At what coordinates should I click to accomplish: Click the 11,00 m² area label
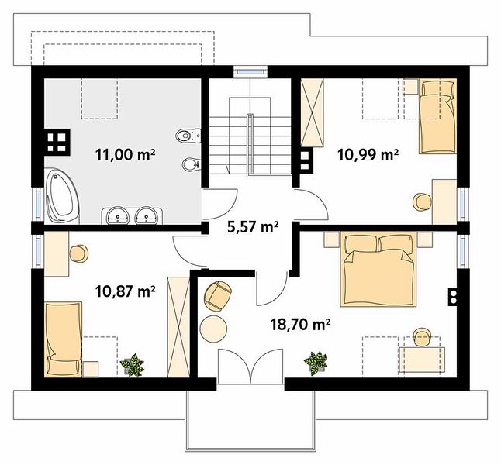(x=126, y=155)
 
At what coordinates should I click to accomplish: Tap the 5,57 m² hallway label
(x=253, y=227)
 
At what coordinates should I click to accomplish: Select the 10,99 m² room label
(x=368, y=155)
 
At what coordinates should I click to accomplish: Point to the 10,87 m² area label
(x=126, y=291)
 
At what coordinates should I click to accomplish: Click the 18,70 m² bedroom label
(x=300, y=325)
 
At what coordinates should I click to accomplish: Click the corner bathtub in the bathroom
(x=62, y=196)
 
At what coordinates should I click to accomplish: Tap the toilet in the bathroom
(x=188, y=136)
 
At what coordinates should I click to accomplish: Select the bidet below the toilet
(x=192, y=164)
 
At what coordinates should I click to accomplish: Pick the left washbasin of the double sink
(x=118, y=215)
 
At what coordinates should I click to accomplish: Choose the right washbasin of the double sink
(x=146, y=215)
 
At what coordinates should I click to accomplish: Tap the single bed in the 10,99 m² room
(x=437, y=116)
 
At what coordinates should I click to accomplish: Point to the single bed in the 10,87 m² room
(x=64, y=339)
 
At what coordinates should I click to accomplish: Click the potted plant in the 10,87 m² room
(x=132, y=364)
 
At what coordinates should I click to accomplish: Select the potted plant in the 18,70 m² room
(x=316, y=363)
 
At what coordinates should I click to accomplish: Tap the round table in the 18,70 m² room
(x=213, y=329)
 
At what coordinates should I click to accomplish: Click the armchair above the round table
(x=218, y=295)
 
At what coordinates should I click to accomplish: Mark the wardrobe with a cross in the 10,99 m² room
(x=313, y=112)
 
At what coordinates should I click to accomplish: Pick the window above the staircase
(x=250, y=71)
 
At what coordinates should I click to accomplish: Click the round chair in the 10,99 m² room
(x=422, y=201)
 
